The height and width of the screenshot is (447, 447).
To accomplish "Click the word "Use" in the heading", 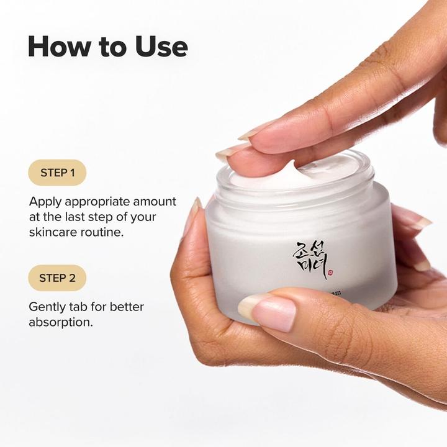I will tap(160, 47).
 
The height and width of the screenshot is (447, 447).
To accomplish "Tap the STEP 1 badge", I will tap(57, 173).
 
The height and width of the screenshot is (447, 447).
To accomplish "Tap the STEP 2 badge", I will tap(57, 278).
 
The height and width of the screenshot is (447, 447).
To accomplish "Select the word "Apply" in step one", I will tap(44, 202).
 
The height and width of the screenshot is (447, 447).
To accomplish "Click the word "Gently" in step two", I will tap(48, 307).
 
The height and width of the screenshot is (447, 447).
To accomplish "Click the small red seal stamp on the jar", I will tap(329, 271).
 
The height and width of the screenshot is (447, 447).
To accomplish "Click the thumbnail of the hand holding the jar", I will tap(268, 310).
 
